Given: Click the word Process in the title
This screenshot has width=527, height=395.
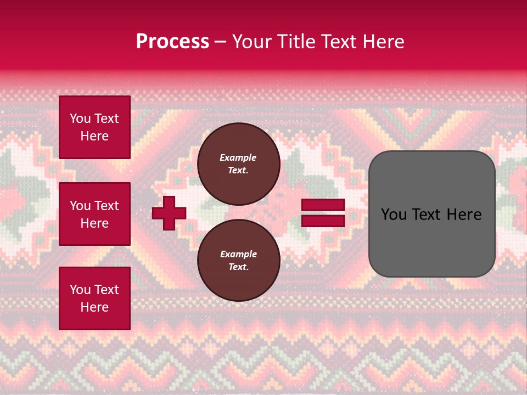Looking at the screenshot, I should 172,42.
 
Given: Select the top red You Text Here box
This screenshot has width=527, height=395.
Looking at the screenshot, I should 94,127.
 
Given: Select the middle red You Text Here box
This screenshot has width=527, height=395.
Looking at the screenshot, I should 94,214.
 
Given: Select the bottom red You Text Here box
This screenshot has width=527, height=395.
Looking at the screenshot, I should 94,298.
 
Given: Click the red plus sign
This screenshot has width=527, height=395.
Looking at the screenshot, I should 169,213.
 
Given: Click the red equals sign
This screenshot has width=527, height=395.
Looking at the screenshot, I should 323,213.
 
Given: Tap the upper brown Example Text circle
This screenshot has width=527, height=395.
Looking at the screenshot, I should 238,163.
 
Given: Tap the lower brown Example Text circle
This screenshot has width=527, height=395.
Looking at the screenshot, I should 238,260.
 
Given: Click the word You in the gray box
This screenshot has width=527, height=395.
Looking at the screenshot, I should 394,215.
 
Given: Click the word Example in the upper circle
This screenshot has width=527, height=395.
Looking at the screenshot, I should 238,157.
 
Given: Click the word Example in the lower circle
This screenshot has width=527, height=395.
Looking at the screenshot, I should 238,254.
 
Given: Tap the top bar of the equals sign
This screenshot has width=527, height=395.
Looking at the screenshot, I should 323,205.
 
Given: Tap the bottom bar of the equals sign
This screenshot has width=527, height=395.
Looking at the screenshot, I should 323,221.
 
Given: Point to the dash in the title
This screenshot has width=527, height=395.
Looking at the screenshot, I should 220,42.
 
